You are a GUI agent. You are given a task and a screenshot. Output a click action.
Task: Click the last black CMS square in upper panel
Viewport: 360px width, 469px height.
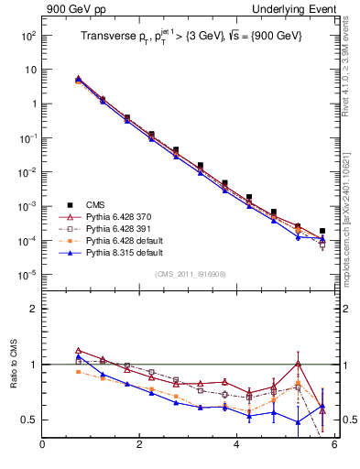coord(322,232)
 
